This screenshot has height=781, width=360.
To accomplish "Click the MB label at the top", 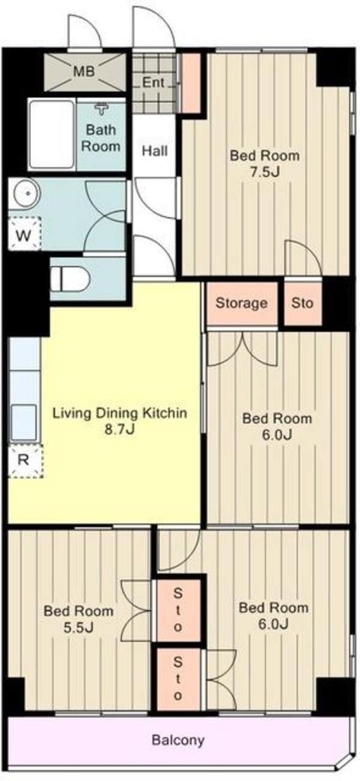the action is (84, 71).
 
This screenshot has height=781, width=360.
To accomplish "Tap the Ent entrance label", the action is (154, 82).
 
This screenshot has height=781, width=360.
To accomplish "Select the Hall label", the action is (155, 151).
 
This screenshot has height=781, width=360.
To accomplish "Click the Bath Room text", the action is (101, 137).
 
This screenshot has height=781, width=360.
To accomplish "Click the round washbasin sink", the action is (27, 193).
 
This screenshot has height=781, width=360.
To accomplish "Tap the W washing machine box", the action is (24, 234).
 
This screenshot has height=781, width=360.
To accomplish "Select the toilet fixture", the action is (70, 279).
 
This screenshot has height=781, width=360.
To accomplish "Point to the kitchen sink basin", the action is (23, 422).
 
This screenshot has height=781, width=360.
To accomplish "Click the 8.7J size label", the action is (120, 429).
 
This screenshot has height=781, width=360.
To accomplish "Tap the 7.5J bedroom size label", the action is (265, 172).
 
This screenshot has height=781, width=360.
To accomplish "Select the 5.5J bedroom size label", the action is (79, 627).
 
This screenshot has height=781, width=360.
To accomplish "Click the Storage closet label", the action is (242, 303).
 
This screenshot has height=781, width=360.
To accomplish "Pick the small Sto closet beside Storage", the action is (302, 303).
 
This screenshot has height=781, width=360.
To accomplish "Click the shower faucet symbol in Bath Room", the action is (101, 109).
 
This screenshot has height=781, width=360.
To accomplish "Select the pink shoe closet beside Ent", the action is (191, 83).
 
